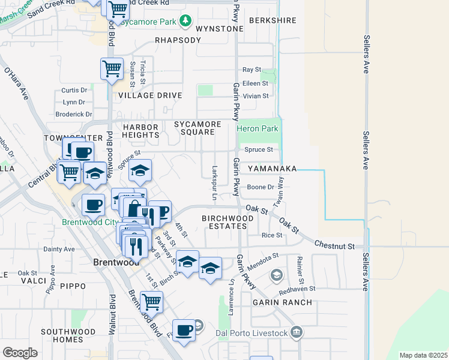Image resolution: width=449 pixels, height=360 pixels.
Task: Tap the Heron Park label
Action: pos(258,128)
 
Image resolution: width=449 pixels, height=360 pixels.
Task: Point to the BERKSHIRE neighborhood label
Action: pos(273,20)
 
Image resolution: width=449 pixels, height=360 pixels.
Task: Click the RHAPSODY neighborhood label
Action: pos(178,40)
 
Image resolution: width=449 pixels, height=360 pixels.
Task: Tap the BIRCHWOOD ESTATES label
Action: pos(224,222)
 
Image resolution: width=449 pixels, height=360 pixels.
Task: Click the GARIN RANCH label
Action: pos(282,302)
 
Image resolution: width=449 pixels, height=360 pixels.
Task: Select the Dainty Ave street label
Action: pos(59,249)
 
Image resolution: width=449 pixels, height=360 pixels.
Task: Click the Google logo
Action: pos(20,353)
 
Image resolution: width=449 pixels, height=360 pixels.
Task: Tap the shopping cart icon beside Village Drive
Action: pos(112,69)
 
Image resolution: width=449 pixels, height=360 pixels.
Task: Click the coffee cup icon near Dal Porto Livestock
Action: pos(184,329)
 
